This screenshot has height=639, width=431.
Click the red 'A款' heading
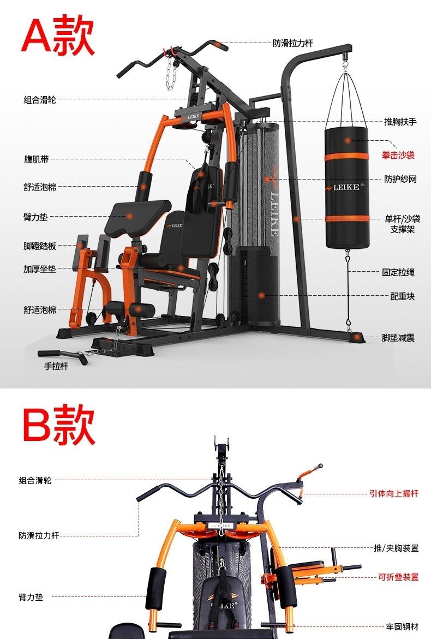click(58, 35)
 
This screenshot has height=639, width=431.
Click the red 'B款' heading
click(58, 424)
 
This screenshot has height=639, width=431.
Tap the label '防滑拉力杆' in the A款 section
click(293, 43)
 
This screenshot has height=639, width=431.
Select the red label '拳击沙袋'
click(398, 155)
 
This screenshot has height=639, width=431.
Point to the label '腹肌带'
click(36, 159)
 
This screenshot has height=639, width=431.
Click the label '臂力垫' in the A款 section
click(36, 217)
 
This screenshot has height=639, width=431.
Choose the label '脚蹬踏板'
click(39, 246)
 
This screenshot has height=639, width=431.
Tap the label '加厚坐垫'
click(39, 269)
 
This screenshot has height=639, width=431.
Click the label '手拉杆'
click(56, 366)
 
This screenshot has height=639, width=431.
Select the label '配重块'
click(402, 296)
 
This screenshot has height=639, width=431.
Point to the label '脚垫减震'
click(398, 338)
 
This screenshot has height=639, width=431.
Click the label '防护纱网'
click(400, 179)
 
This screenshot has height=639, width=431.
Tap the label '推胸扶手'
click(400, 122)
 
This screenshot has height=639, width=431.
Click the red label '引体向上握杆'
click(393, 493)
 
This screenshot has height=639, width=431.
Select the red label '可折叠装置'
click(398, 577)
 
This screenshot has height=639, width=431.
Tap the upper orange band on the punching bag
click(347, 157)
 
